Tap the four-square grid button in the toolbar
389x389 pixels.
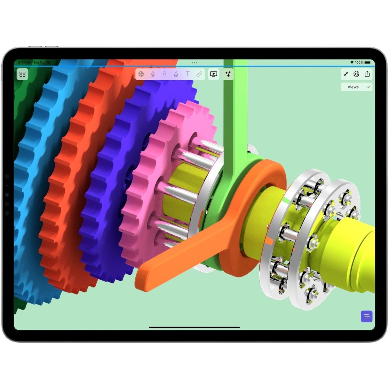(22, 74)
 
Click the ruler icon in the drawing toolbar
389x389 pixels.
(199, 74)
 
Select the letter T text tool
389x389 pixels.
(188, 74)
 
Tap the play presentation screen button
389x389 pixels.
(213, 74)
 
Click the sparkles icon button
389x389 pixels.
(228, 74)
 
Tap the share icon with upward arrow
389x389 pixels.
(367, 74)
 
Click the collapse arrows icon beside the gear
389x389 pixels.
(346, 74)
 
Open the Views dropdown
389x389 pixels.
(356, 87)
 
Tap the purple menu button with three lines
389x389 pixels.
(366, 316)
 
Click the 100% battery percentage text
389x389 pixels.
(359, 62)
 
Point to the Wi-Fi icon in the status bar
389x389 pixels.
(352, 62)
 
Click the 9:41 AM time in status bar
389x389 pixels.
(24, 62)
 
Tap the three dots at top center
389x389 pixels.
(194, 62)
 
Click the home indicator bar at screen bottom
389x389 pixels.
(194, 327)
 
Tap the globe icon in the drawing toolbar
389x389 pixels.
(141, 74)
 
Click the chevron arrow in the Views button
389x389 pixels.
(368, 87)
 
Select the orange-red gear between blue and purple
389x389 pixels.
(70, 188)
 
